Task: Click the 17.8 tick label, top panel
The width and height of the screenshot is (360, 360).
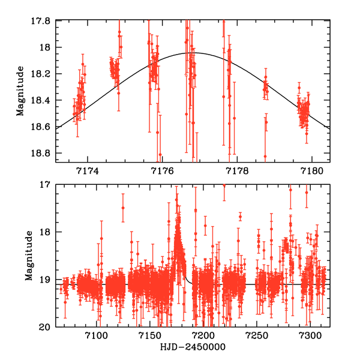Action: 44,21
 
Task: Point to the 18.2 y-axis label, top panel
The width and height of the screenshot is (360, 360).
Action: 44,74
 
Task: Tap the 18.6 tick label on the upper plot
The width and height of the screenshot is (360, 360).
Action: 44,127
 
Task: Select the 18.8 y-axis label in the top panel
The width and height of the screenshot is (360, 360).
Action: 44,153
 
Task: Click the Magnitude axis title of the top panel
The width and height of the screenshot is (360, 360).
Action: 21,91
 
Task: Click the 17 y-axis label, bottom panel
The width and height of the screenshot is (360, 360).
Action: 48,185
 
